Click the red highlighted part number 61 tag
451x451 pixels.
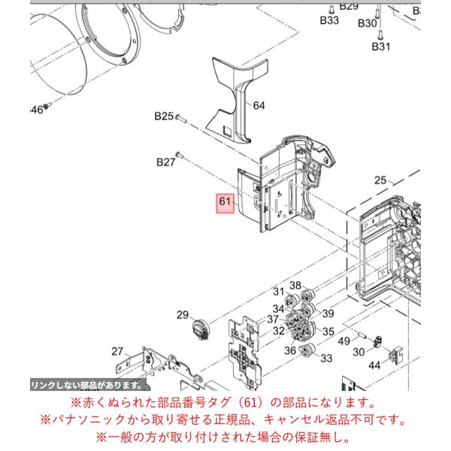click(225, 204)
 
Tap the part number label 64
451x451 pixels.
click(259, 106)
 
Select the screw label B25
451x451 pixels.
click(164, 117)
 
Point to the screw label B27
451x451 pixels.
click(165, 162)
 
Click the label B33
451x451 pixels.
click(329, 20)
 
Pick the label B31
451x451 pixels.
click(381, 47)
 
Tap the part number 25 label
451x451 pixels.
click(380, 180)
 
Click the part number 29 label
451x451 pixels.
click(183, 315)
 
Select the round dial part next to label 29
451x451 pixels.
click(201, 329)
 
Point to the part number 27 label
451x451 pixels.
click(117, 352)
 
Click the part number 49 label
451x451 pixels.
click(344, 341)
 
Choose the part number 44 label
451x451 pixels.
click(374, 365)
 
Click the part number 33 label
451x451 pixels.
click(326, 359)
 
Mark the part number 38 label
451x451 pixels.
click(295, 286)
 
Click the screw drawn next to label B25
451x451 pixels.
click(181, 119)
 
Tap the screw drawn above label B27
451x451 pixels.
click(180, 155)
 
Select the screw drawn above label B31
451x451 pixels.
click(380, 35)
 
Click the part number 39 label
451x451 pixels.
click(328, 313)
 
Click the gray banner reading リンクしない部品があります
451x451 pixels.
click(88, 385)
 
